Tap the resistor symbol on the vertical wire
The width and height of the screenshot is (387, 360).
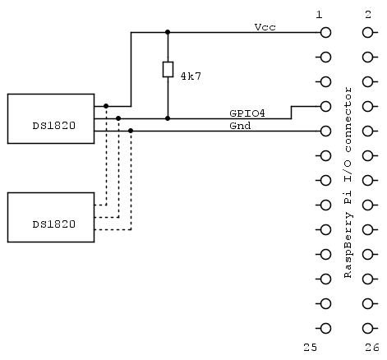coord(168,70)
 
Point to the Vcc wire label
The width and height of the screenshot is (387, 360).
coord(265,27)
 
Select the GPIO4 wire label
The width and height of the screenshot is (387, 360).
coord(246,113)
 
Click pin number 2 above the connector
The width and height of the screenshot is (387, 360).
coord(366,15)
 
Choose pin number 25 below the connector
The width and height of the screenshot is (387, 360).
coord(310,348)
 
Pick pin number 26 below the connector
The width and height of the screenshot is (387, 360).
coord(372,348)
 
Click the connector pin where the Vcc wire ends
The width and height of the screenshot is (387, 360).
coord(326,33)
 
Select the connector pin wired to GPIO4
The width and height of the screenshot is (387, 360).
coord(326,106)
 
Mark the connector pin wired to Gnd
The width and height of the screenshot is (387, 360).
coord(326,131)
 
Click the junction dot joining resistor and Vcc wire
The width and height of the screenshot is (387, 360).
coord(168,33)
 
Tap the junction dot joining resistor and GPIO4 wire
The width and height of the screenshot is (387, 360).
coord(168,118)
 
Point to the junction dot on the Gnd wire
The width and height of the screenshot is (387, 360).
coord(131,131)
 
